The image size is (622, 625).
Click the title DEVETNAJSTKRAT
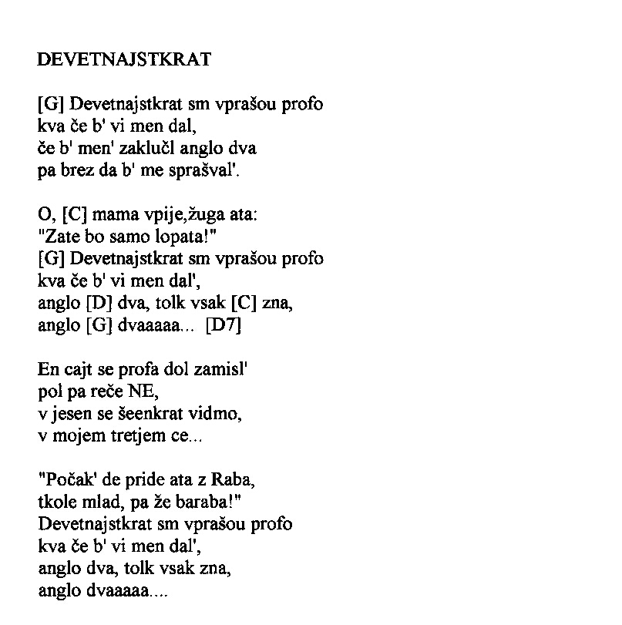[x=124, y=60]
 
